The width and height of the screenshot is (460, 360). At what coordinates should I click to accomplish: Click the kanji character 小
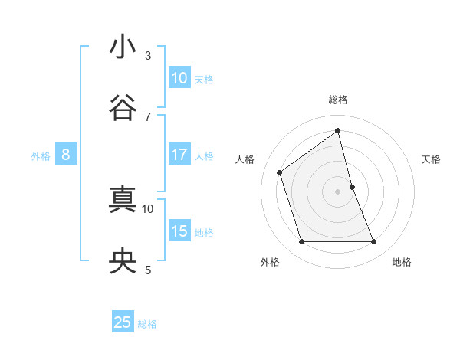point(123,47)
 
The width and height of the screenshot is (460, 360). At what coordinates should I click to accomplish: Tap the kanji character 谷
point(123,108)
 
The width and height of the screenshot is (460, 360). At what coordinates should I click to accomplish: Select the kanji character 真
point(123,201)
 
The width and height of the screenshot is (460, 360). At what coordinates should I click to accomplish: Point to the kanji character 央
point(123,262)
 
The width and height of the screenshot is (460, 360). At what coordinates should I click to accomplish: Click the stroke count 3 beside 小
point(148,55)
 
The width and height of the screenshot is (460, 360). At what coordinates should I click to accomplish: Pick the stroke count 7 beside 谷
point(148,116)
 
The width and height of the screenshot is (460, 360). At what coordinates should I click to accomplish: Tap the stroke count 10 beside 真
point(148,208)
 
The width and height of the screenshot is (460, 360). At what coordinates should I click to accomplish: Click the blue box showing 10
point(179,78)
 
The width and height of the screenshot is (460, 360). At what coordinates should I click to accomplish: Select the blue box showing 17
point(179,155)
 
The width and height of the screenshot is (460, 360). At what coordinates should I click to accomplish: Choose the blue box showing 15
point(179,231)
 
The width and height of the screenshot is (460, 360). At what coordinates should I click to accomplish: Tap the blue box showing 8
point(66,155)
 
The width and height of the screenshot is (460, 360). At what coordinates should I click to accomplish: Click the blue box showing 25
point(123,322)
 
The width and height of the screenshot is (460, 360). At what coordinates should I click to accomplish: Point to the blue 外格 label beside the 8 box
point(41,156)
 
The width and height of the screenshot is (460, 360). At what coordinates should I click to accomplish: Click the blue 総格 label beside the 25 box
point(147,324)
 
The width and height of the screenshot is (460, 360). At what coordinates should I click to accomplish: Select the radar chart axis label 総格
point(338,100)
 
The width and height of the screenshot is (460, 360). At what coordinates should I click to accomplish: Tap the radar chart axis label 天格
point(432,159)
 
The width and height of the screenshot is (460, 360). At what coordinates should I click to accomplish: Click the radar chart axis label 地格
point(402,262)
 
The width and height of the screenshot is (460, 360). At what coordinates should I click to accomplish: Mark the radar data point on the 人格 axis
point(280,172)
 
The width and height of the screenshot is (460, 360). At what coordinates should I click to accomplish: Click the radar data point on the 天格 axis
point(352,187)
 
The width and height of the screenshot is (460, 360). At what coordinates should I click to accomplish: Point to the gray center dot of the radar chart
point(337,191)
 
